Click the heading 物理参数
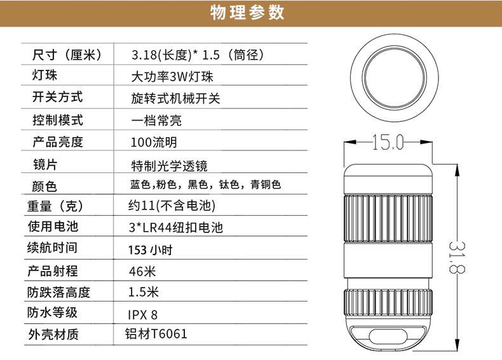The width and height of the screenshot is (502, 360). point(247,13)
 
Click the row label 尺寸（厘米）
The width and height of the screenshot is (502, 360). point(67,55)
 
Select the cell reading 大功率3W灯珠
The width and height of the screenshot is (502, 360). point(172,77)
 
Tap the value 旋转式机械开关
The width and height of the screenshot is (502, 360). point(175,98)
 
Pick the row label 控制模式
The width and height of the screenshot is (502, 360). point(58,121)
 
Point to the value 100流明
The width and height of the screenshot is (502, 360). point(154,142)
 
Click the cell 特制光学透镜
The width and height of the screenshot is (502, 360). point(170,166)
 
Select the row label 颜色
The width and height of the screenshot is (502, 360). point(44,186)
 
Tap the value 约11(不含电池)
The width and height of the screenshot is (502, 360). point(172,206)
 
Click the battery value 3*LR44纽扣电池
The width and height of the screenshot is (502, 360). point(176,227)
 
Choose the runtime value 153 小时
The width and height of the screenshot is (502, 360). point(151,250)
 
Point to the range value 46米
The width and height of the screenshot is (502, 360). point(142,271)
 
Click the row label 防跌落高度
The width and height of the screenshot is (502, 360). point(58,292)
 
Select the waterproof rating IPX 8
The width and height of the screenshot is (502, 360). point(143,315)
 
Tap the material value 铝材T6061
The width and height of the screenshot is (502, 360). point(156,334)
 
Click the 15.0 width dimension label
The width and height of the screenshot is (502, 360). point(388,142)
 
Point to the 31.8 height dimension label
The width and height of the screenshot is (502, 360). point(456,257)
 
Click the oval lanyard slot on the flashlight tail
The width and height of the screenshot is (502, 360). point(388,337)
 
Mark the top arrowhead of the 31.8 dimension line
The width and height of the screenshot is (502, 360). point(457,170)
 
